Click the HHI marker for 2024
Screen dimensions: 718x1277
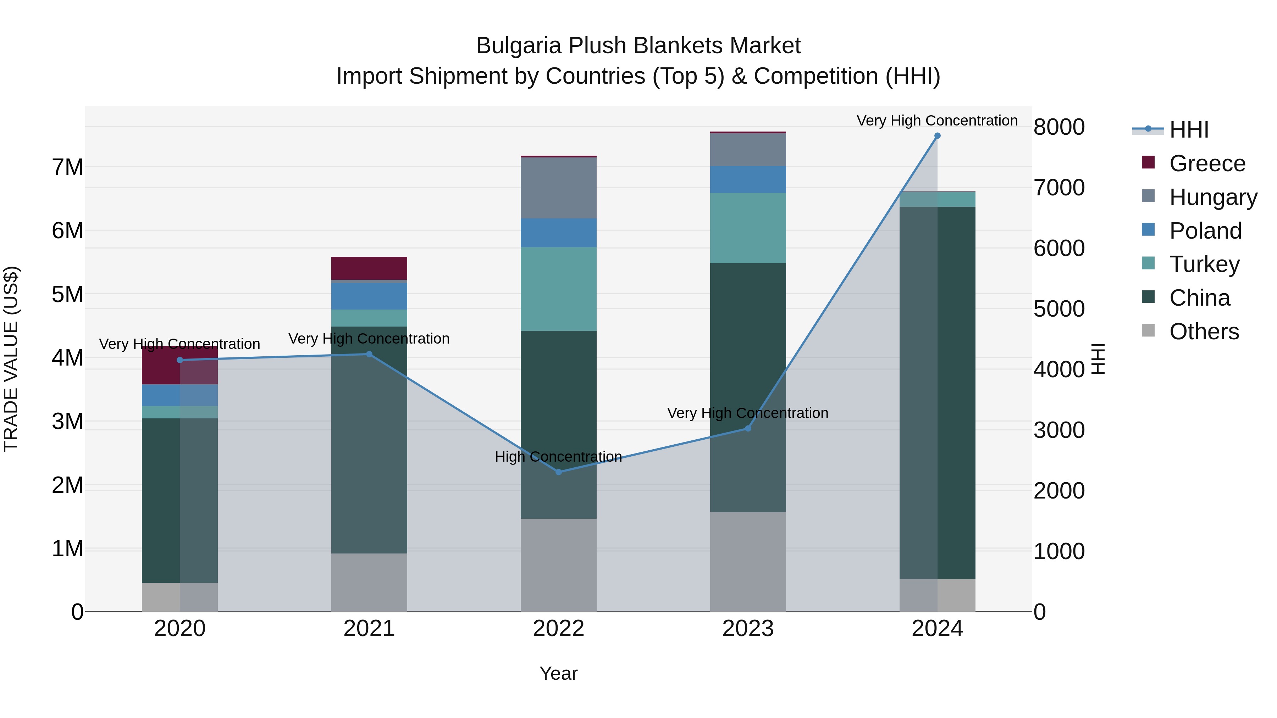click(937, 136)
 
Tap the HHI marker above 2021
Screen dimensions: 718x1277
click(369, 354)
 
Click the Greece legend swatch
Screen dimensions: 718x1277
click(1148, 162)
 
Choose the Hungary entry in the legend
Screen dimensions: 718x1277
click(1213, 197)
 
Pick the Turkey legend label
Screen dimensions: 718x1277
click(1204, 264)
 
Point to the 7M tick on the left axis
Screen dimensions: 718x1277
click(67, 167)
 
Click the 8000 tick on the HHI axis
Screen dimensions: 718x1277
click(1059, 127)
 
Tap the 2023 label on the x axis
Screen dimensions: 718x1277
click(747, 629)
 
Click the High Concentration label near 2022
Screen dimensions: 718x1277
click(558, 456)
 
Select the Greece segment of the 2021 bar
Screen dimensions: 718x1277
click(369, 268)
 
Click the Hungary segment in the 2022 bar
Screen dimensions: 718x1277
click(559, 188)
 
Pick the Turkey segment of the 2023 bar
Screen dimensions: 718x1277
click(747, 228)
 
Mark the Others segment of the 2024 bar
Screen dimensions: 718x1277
click(937, 595)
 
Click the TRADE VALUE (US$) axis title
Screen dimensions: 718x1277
click(11, 359)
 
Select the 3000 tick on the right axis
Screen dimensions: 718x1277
click(1059, 430)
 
